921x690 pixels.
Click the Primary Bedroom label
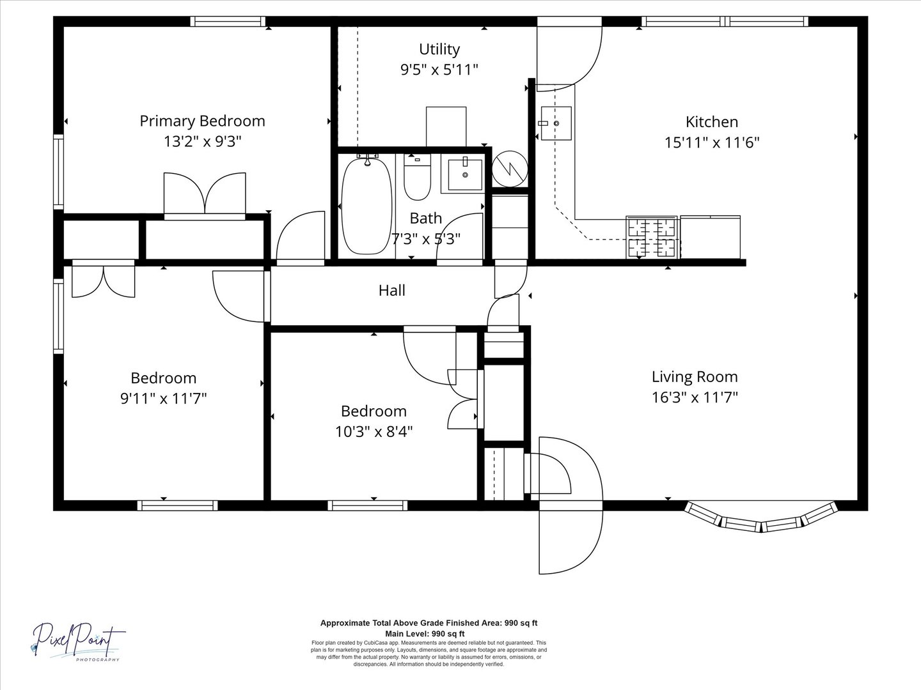202,121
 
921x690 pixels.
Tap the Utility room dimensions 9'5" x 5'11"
439,70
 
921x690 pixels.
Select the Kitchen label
712,122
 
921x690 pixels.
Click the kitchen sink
556,123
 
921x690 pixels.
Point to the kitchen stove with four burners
652,236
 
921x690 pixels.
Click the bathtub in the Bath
366,205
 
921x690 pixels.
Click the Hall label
392,290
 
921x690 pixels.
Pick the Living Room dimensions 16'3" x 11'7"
695,397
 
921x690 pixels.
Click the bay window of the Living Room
760,517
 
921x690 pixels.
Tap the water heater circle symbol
510,169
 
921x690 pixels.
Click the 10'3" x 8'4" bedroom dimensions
374,431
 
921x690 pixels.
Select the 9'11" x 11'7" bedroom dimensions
164,398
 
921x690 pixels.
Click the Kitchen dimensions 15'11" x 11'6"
712,142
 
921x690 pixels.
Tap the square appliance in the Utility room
446,126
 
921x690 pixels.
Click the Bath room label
425,218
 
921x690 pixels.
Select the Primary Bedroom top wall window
228,21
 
